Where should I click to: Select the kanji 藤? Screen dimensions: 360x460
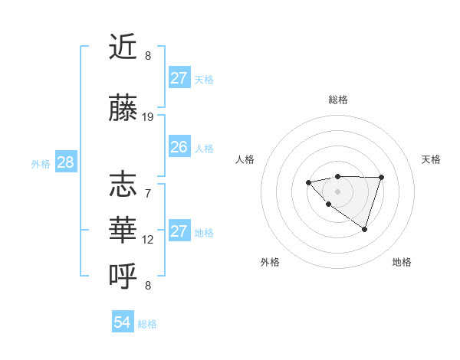[x=123, y=109]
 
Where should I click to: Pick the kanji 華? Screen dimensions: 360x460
[x=123, y=228]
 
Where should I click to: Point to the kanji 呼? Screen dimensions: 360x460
[x=123, y=273]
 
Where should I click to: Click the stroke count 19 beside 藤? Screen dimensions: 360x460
[x=148, y=117]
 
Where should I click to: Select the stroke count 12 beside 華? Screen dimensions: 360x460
[x=148, y=240]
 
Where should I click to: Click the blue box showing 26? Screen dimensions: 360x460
[x=179, y=147]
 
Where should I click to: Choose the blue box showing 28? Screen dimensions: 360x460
[x=65, y=162]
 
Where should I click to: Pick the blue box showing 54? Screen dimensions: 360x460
[x=123, y=322]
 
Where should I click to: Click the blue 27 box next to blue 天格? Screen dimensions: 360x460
[x=179, y=78]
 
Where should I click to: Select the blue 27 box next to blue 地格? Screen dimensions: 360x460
[x=179, y=231]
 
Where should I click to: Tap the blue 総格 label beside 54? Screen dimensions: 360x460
[x=147, y=324]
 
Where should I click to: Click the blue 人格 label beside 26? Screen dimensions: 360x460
[x=204, y=148]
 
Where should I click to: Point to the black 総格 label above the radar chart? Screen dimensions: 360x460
[x=337, y=100]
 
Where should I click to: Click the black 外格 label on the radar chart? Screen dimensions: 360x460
[x=270, y=262]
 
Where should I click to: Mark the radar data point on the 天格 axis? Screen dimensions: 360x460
[x=382, y=177]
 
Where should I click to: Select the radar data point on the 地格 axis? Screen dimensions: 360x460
[x=365, y=229]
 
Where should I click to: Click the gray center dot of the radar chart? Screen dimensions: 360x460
[x=337, y=191]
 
